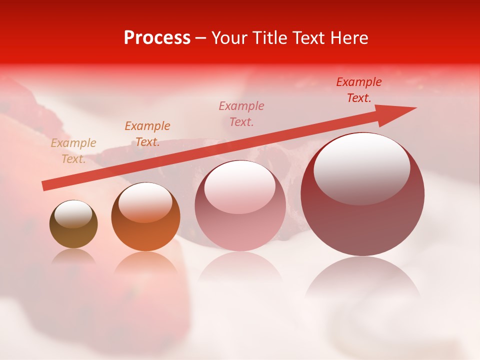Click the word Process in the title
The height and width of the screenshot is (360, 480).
tap(157, 38)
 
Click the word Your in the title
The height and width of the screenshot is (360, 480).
tap(230, 38)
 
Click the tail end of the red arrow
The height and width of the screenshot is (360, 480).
tap(45, 185)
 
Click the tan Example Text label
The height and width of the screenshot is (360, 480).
tap(73, 151)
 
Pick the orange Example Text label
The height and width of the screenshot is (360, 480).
tap(147, 134)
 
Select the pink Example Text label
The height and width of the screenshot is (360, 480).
tap(241, 113)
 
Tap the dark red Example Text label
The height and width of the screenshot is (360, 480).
tap(359, 90)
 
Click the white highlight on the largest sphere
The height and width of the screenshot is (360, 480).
tap(361, 169)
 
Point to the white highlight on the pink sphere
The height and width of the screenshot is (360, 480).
tap(239, 187)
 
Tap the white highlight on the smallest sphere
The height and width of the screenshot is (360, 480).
tap(73, 214)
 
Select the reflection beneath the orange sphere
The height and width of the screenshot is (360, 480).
tap(145, 262)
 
